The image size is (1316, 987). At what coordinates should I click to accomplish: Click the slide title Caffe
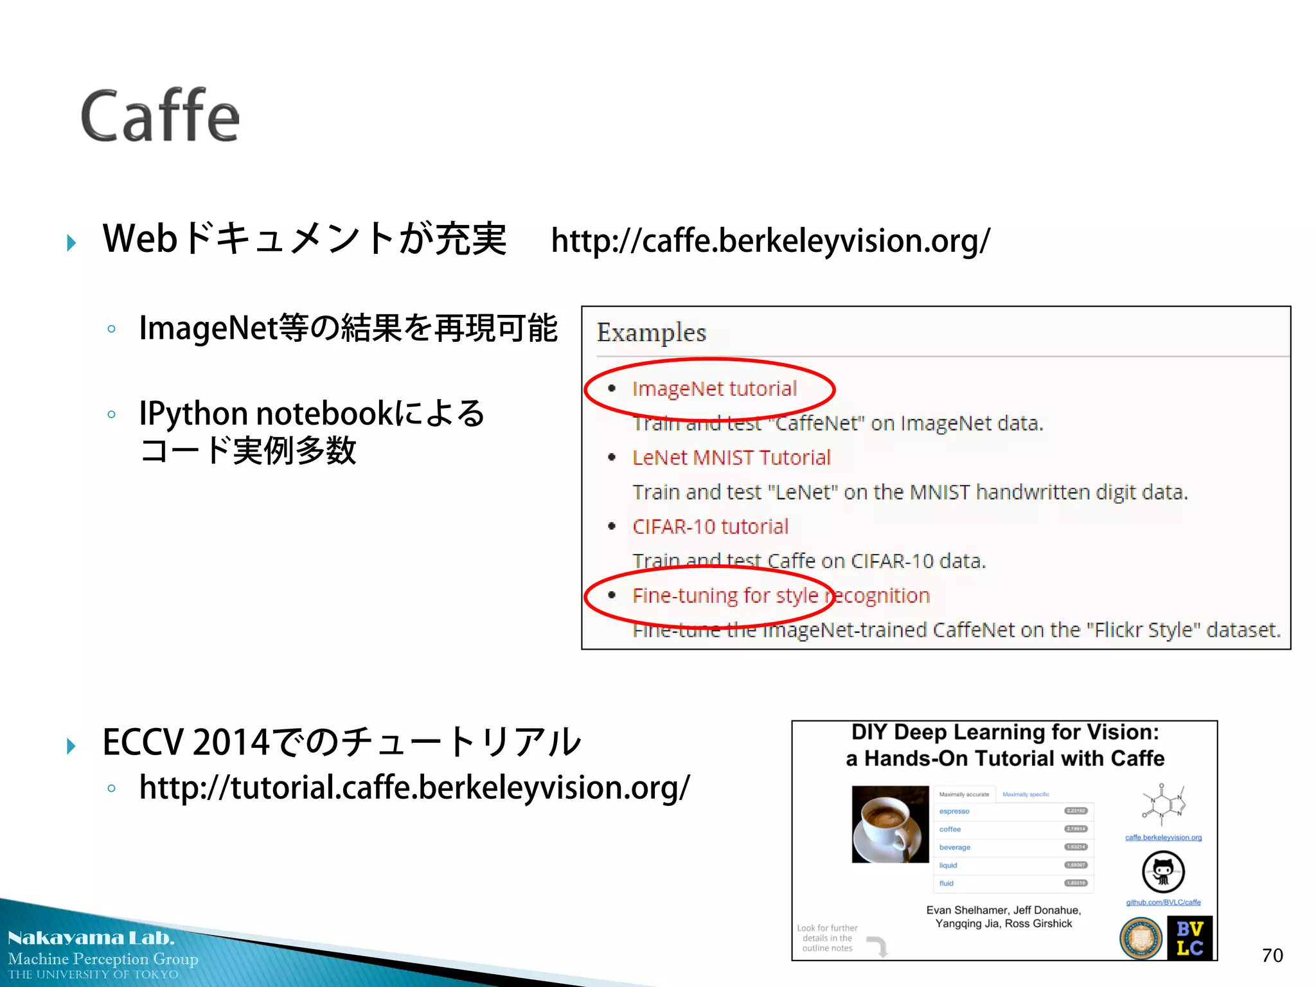coord(160,116)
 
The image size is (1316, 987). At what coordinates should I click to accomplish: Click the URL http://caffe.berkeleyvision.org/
coord(770,241)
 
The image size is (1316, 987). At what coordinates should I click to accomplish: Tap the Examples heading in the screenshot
coord(651,333)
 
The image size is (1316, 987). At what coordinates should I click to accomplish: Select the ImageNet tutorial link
coord(714,389)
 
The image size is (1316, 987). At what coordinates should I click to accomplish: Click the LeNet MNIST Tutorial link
coord(731,458)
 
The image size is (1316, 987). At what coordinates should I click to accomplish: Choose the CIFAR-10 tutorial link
coord(710,527)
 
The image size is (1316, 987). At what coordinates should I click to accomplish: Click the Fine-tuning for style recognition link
coord(781,596)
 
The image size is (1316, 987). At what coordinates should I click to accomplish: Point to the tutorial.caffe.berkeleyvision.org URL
coord(414,788)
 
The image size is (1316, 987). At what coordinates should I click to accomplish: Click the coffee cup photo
coord(890,824)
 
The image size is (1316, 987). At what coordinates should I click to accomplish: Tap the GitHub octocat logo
coord(1163,871)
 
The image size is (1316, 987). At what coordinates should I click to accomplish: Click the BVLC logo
coord(1189,938)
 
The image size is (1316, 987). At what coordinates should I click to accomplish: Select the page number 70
coord(1272,956)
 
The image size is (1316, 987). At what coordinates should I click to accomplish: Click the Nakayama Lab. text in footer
coord(91,938)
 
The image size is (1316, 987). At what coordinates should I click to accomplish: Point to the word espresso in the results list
coord(954,812)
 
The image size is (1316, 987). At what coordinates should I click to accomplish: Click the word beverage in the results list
coord(955,848)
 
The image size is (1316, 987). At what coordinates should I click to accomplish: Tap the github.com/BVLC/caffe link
coord(1163,902)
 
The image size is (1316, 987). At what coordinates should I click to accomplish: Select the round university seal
coord(1141,938)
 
